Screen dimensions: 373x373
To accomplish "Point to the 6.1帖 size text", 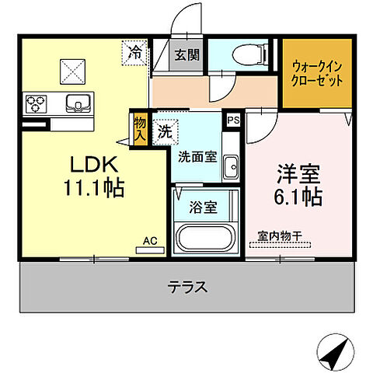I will click(295, 197).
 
